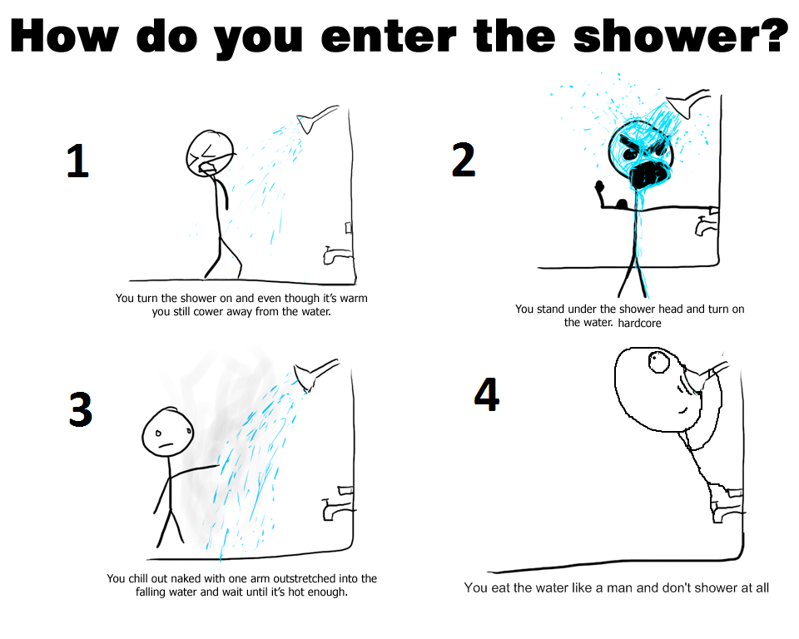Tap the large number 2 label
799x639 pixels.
click(464, 159)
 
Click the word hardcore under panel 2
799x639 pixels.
click(639, 323)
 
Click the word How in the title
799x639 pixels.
click(68, 36)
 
